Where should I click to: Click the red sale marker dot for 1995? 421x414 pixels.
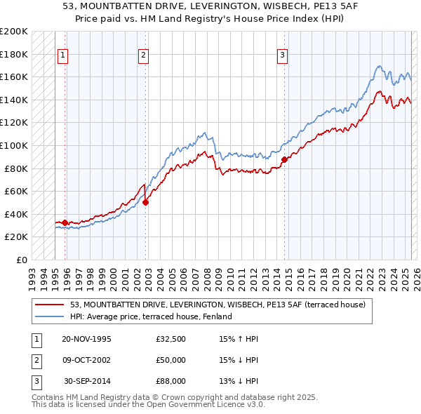point(65,222)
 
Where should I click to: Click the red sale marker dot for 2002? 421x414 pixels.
point(146,203)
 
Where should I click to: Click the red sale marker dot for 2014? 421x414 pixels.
point(284,159)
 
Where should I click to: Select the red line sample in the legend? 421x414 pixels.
point(50,305)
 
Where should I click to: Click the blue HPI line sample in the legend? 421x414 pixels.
point(50,316)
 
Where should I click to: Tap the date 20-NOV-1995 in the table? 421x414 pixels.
point(86,339)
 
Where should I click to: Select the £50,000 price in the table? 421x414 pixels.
point(171,360)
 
